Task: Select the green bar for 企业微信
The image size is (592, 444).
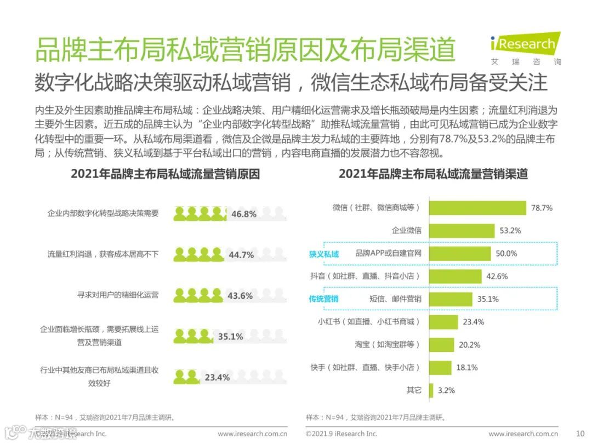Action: pyautogui.click(x=462, y=230)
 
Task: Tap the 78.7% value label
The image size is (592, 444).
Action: pyautogui.click(x=541, y=208)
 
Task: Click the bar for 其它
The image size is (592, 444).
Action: pyautogui.click(x=431, y=390)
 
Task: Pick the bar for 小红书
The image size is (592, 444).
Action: pyautogui.click(x=443, y=322)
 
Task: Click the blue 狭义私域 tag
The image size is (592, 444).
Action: pyautogui.click(x=324, y=254)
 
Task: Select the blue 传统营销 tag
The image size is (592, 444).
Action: pyautogui.click(x=323, y=299)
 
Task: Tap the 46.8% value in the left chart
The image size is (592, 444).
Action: pyautogui.click(x=244, y=214)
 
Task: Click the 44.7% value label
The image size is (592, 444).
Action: pyautogui.click(x=241, y=255)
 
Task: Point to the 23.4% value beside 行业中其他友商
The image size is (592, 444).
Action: pyautogui.click(x=217, y=377)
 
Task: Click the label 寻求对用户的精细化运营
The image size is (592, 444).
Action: pyautogui.click(x=118, y=295)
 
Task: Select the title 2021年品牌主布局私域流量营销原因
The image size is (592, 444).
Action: pyautogui.click(x=165, y=174)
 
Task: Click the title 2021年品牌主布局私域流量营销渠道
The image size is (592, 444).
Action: pyautogui.click(x=433, y=174)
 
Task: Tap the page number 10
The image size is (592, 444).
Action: pyautogui.click(x=580, y=434)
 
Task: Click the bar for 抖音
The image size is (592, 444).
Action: pyautogui.click(x=455, y=276)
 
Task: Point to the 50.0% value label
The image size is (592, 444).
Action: pyautogui.click(x=506, y=253)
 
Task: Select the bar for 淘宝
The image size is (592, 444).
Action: pyautogui.click(x=441, y=345)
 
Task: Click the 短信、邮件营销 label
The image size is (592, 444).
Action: pyautogui.click(x=395, y=299)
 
